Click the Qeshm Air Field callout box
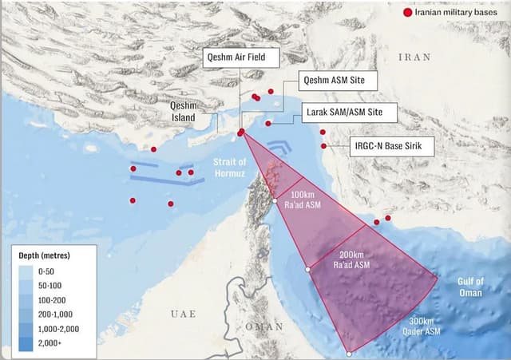point(240,57)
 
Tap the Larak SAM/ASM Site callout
point(351,113)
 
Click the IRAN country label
point(414,57)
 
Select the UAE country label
point(183,315)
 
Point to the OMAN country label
point(264,326)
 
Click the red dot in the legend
point(408,13)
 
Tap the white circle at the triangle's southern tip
point(349,353)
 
